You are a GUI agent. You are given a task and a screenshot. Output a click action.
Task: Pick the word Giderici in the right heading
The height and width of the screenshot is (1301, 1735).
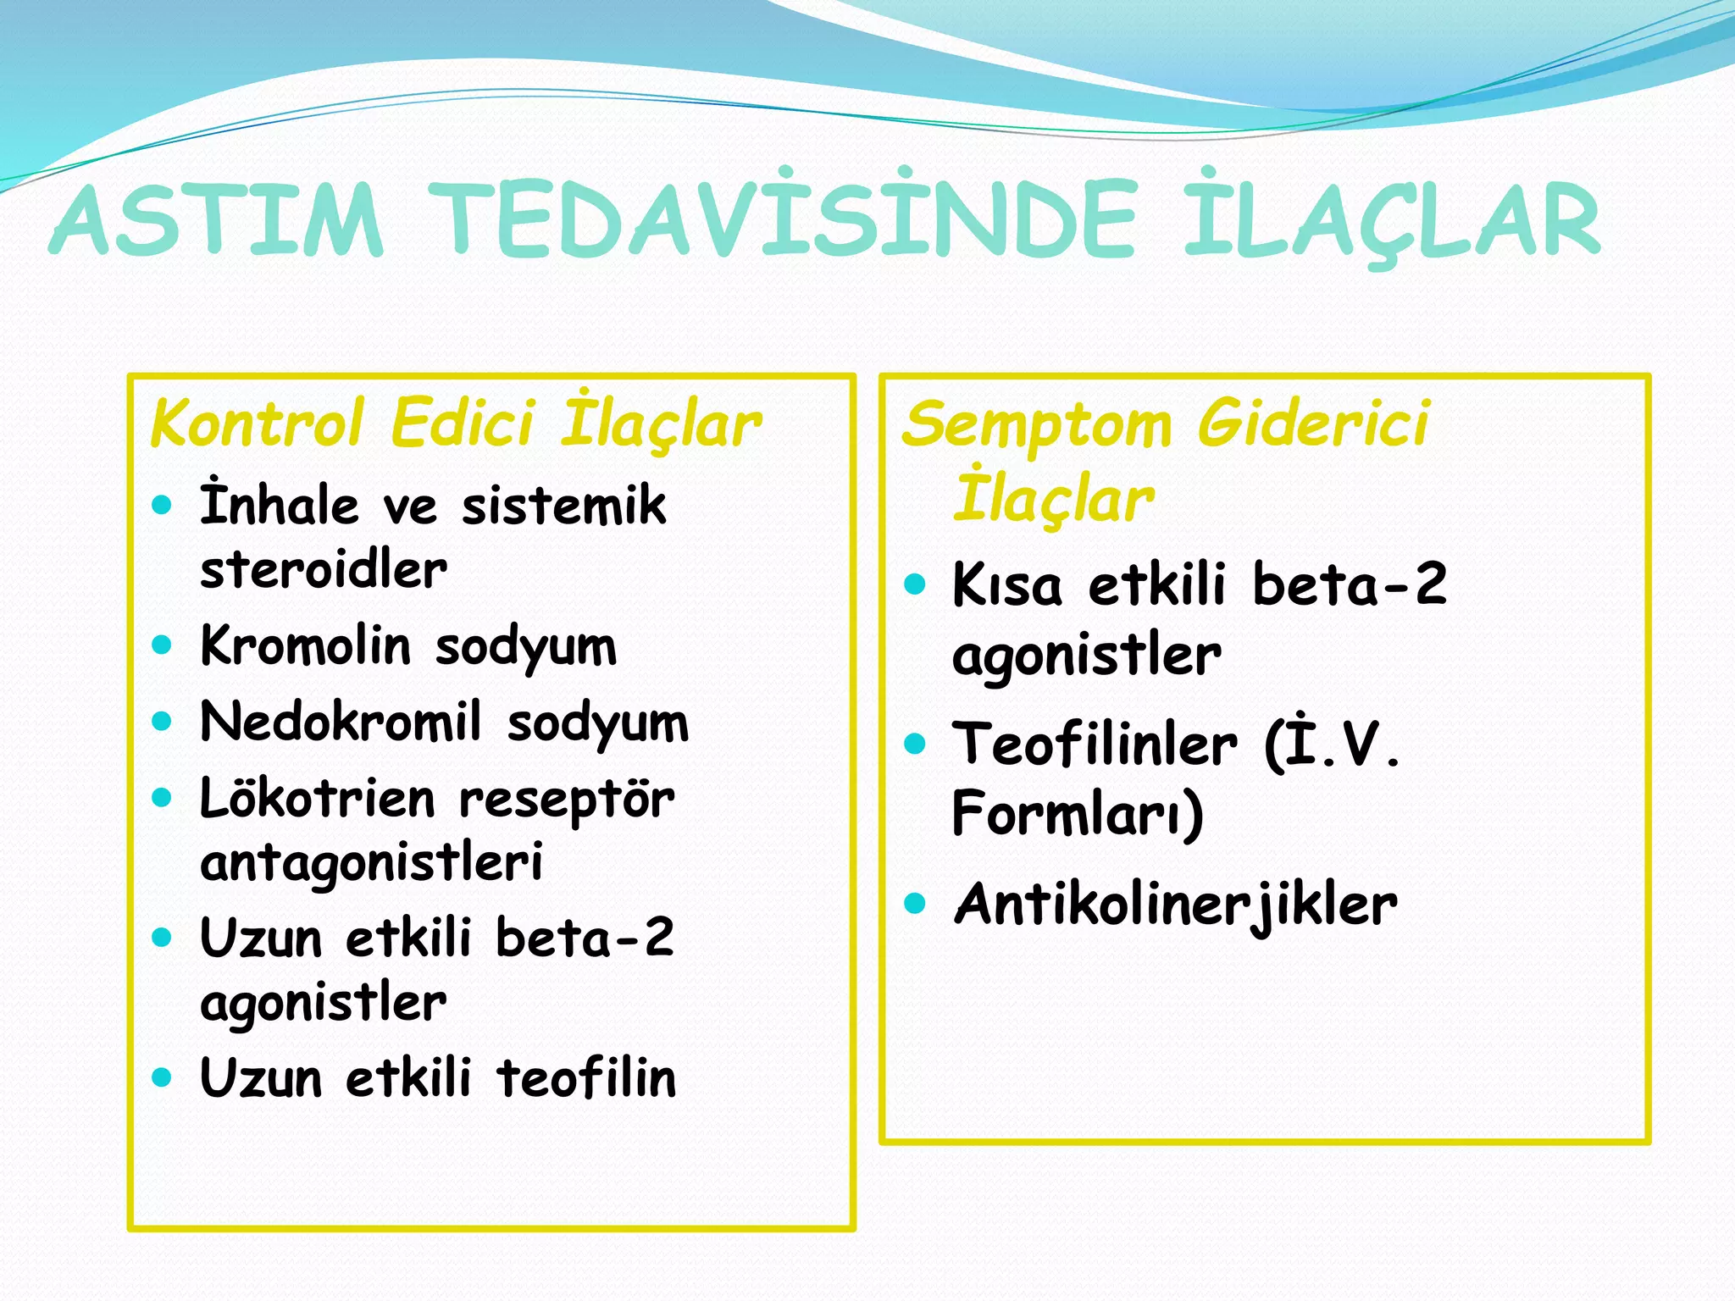(x=1313, y=423)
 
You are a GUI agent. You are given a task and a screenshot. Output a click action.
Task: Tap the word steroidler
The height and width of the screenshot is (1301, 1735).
(x=323, y=569)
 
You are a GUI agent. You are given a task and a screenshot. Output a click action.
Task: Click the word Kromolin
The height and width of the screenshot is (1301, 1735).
(x=305, y=645)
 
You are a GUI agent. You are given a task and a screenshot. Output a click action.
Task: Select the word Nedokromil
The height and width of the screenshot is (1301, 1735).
(x=341, y=722)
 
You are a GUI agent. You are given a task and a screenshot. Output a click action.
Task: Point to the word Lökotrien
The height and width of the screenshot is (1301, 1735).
(x=317, y=799)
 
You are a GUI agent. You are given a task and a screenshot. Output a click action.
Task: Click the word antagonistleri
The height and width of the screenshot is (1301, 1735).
(x=371, y=863)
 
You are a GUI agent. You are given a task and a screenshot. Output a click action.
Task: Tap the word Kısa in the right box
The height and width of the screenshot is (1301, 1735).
(x=1006, y=585)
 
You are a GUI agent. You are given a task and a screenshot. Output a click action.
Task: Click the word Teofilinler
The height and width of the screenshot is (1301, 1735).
(x=1095, y=744)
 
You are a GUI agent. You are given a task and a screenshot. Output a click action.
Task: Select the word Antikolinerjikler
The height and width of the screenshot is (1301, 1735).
(x=1175, y=905)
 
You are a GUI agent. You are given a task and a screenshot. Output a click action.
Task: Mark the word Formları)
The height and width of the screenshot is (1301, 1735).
(x=1077, y=813)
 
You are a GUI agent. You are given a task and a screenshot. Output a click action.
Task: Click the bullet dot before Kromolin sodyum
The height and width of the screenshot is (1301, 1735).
(x=162, y=645)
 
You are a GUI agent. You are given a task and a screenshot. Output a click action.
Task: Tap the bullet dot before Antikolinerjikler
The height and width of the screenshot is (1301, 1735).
(x=914, y=903)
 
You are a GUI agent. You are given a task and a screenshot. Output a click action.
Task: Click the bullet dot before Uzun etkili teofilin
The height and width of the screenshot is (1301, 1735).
(x=162, y=1077)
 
